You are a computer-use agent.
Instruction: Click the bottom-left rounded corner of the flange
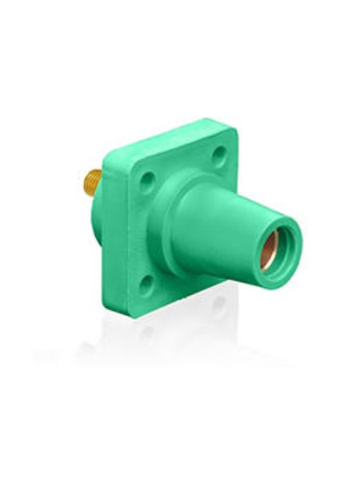[112, 308]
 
